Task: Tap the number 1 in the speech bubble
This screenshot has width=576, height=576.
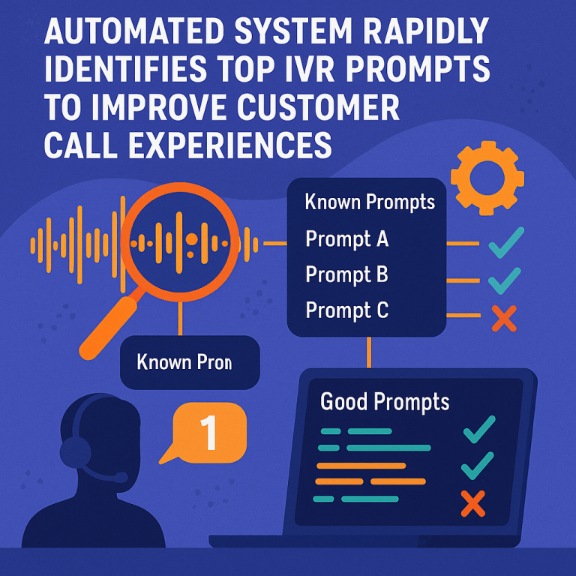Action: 209,433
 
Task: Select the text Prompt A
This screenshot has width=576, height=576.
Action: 346,239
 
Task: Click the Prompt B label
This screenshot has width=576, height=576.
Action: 346,274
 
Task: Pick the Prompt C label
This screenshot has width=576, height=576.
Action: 346,309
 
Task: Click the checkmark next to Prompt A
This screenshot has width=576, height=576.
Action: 504,244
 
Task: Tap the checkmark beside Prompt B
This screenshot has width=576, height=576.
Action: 504,280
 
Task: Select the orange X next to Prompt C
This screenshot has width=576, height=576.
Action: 504,318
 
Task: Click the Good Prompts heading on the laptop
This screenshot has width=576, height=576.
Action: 385,402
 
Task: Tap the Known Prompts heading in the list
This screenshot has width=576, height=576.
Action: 370,202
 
